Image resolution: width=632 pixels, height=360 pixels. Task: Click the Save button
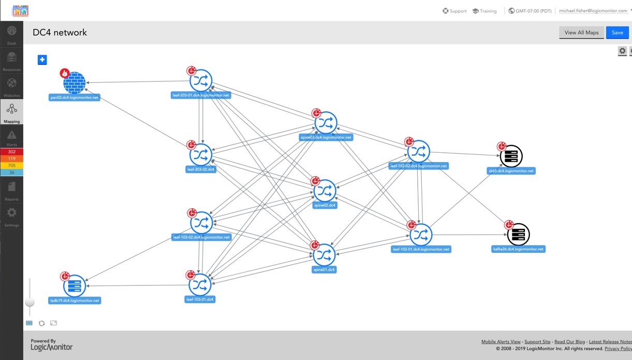tap(617, 33)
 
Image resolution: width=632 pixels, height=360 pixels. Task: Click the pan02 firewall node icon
tap(74, 82)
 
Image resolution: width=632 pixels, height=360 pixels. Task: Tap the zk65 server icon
tap(511, 156)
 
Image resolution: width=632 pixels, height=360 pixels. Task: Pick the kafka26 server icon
tap(518, 235)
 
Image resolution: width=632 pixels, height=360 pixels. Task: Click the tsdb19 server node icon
tap(75, 285)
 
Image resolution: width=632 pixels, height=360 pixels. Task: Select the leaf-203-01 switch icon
tap(201, 80)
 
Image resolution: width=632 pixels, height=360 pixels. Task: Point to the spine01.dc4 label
tap(325, 270)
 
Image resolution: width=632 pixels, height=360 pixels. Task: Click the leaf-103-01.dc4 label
tap(200, 299)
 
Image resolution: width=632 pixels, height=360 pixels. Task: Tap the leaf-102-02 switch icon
tap(418, 151)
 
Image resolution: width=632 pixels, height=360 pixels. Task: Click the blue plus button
tap(42, 60)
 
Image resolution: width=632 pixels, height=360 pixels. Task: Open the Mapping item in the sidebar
tap(11, 112)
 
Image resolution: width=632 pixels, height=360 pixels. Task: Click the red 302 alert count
tap(11, 152)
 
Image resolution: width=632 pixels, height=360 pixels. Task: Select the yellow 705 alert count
tap(11, 165)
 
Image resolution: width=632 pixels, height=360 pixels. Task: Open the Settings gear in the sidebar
tap(11, 215)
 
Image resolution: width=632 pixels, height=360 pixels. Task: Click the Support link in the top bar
tap(454, 11)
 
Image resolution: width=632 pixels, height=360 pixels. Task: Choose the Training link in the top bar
tap(484, 11)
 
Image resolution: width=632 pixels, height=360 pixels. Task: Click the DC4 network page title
tap(60, 33)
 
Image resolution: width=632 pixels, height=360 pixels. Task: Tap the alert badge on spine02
tap(315, 181)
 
